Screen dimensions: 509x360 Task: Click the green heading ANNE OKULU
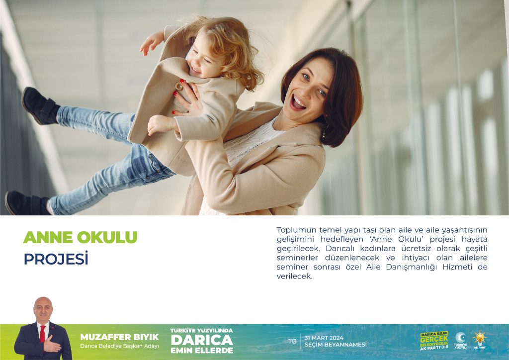pos(80,237)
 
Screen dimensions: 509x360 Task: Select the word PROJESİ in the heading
pos(56,259)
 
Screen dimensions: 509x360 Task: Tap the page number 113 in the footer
pos(292,342)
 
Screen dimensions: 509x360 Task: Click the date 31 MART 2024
pos(324,338)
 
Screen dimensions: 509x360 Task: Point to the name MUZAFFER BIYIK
pos(119,337)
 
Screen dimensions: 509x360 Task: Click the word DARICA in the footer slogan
pos(202,340)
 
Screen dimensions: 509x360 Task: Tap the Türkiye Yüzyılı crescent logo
pos(460,340)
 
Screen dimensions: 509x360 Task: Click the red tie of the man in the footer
pos(43,334)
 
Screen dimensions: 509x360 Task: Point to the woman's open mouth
pos(298,102)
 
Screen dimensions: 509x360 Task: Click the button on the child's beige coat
pos(179,86)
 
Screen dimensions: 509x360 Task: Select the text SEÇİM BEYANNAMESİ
pos(336,345)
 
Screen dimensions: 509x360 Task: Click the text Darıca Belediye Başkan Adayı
pos(119,346)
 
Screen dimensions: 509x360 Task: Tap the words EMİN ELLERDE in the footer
pos(202,351)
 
